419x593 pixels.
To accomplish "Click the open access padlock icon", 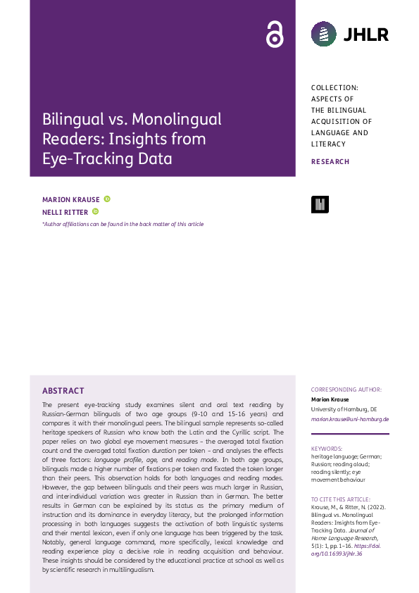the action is click(274, 34).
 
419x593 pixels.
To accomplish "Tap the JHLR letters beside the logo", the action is click(366, 34).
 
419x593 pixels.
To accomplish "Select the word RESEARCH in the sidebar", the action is click(330, 162).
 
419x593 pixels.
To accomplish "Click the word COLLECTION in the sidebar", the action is click(334, 87).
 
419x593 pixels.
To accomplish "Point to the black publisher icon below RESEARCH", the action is click(320, 204).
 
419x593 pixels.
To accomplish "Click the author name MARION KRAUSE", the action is click(71, 199).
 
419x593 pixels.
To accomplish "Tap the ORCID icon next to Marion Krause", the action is click(107, 199).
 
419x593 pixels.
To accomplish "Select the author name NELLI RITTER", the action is click(65, 211).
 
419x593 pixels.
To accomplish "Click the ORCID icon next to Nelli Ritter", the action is click(96, 211).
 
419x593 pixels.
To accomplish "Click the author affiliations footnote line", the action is click(123, 224).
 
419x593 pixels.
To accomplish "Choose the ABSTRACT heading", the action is click(63, 391).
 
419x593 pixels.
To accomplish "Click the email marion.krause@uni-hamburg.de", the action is click(350, 419).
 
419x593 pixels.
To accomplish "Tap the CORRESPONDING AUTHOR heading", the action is click(346, 389).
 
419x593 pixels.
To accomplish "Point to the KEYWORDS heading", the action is click(327, 448).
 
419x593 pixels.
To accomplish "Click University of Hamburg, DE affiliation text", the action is click(344, 409).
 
